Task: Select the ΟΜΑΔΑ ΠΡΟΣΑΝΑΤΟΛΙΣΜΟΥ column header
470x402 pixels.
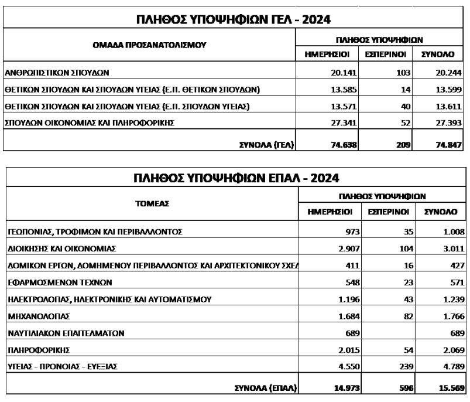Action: point(149,45)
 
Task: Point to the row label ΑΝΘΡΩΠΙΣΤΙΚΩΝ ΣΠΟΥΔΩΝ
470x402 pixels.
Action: point(57,73)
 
